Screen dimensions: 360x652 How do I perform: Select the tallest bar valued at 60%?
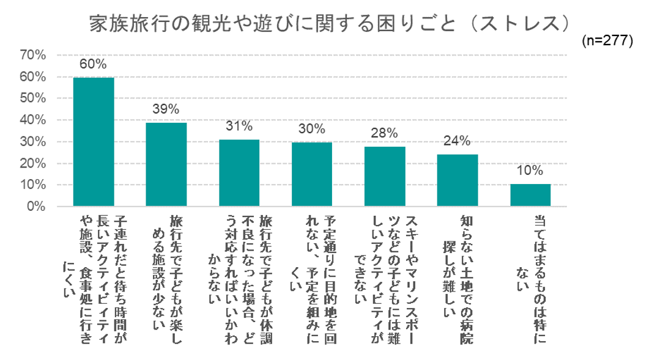pyautogui.click(x=94, y=142)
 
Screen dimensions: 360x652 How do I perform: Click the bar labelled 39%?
pyautogui.click(x=166, y=164)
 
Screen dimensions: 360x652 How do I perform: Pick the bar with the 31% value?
pyautogui.click(x=239, y=173)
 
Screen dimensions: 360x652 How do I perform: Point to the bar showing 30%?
pyautogui.click(x=311, y=174)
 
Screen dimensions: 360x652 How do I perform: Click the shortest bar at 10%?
pyautogui.click(x=530, y=195)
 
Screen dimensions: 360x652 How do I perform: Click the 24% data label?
pyautogui.click(x=457, y=141)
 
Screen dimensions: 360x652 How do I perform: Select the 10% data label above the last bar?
pyautogui.click(x=530, y=171)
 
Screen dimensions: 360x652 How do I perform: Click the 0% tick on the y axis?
pyautogui.click(x=36, y=207)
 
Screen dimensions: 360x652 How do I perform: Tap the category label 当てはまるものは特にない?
pyautogui.click(x=530, y=257)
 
